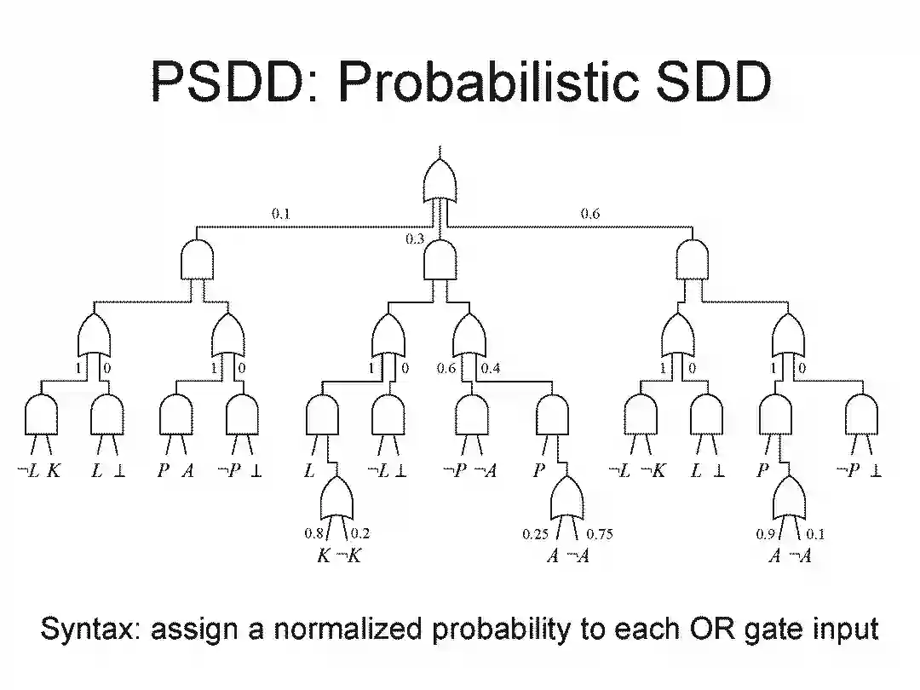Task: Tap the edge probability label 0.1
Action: point(280,215)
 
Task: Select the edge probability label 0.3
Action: point(414,239)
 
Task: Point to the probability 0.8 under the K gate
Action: point(313,534)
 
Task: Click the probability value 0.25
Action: point(535,535)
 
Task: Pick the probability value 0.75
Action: point(599,535)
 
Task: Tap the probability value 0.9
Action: point(764,535)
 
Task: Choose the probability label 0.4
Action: point(492,368)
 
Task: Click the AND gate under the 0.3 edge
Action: point(440,259)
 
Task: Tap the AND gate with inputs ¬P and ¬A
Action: point(470,416)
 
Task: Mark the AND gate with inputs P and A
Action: point(175,416)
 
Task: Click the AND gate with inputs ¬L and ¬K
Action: point(641,416)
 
